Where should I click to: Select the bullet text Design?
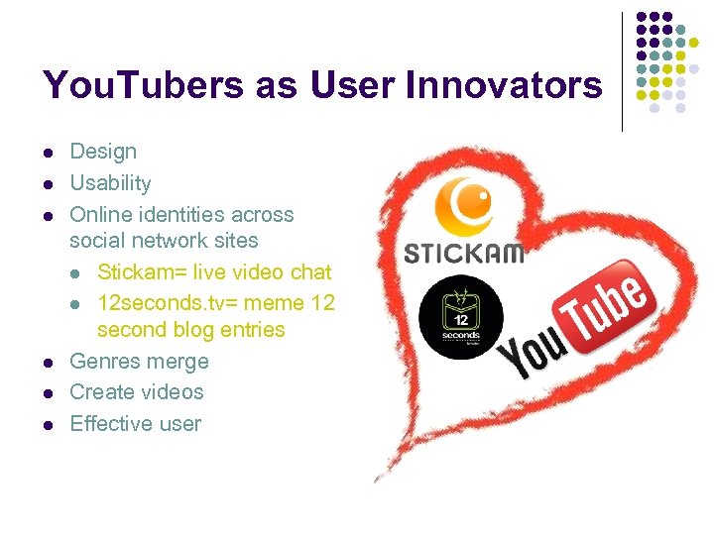point(103,152)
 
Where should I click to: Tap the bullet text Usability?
point(110,183)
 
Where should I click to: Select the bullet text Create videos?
point(137,392)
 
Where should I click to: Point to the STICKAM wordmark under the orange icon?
point(463,254)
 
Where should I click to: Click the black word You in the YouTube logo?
point(530,351)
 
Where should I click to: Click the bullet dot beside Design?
point(48,153)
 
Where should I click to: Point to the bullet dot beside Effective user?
point(48,425)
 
